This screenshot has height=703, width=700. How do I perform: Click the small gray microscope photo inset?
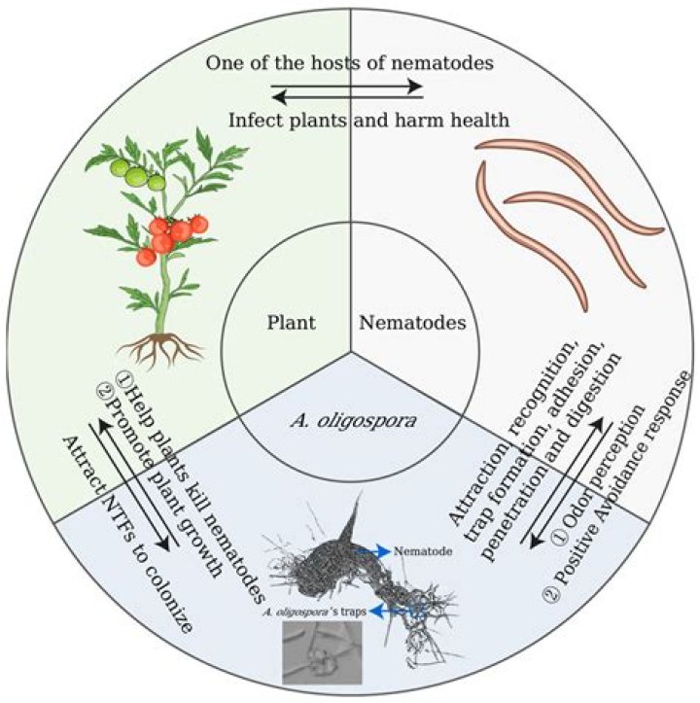click(x=322, y=650)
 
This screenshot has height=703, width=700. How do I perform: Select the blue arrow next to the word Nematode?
click(x=370, y=551)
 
